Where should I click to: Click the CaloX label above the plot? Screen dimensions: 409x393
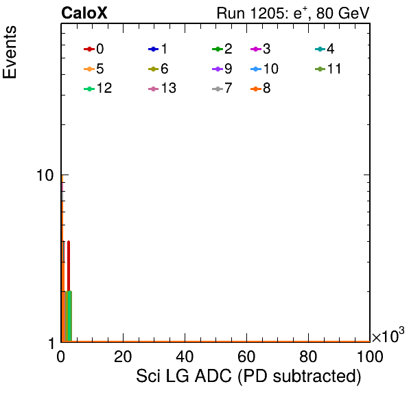click(84, 13)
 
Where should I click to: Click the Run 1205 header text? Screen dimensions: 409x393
click(293, 13)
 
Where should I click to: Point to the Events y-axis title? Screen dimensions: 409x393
click(10, 52)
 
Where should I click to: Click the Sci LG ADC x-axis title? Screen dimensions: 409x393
click(248, 377)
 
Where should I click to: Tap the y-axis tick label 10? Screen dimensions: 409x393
click(45, 175)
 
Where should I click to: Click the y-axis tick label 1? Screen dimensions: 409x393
click(51, 344)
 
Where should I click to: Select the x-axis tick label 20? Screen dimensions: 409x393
click(123, 357)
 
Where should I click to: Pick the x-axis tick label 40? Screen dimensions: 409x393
click(185, 357)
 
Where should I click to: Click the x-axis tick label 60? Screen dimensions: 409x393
click(246, 357)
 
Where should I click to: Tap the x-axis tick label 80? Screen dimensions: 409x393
click(308, 357)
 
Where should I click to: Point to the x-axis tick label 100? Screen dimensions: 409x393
click(370, 357)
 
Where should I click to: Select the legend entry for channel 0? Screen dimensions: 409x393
click(94, 49)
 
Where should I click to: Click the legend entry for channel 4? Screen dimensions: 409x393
click(325, 49)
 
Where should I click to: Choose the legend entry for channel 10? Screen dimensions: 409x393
click(264, 69)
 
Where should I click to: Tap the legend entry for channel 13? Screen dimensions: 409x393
click(162, 89)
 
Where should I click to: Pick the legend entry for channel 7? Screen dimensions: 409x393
click(222, 89)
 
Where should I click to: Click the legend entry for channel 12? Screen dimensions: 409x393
click(98, 89)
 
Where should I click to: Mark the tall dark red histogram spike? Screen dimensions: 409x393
click(69, 266)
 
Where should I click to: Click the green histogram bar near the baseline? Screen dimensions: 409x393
click(69, 316)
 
